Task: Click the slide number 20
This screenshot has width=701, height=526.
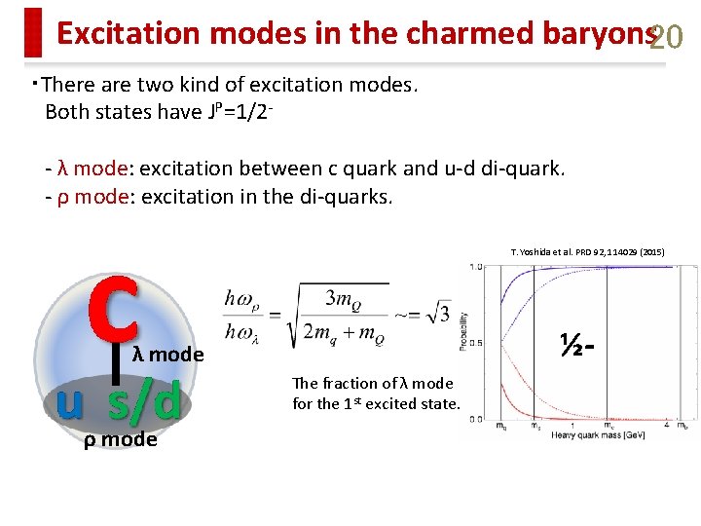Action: (667, 37)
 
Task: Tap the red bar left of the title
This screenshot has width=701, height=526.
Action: (34, 32)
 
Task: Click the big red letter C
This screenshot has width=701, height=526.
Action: (115, 290)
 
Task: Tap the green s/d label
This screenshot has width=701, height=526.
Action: (144, 401)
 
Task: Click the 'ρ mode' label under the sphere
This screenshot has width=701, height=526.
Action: (120, 439)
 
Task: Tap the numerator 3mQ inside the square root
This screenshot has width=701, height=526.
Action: (339, 297)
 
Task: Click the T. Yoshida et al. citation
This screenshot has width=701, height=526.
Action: (587, 252)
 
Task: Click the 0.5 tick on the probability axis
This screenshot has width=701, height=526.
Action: (478, 342)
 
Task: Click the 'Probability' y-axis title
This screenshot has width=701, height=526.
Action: (464, 331)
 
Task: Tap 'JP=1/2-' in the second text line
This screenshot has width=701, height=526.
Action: (238, 110)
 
